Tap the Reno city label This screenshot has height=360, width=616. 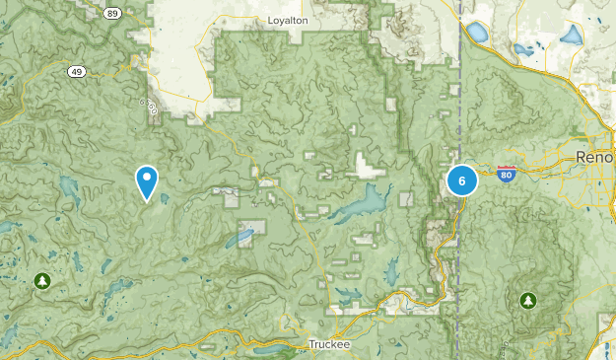pyautogui.click(x=595, y=158)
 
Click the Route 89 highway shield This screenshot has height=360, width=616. pyautogui.click(x=112, y=13)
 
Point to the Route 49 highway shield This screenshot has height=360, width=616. pyautogui.click(x=77, y=72)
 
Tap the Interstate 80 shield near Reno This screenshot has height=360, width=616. pyautogui.click(x=507, y=171)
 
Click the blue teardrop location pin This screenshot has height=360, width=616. pyautogui.click(x=147, y=181)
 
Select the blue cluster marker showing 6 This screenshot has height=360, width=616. pyautogui.click(x=461, y=180)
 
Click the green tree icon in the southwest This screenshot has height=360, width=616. pyautogui.click(x=41, y=282)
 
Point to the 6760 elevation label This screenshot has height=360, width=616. pyautogui.click(x=149, y=107)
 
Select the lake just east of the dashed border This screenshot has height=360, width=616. pyautogui.click(x=477, y=33)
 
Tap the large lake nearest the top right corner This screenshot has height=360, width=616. pyautogui.click(x=570, y=36)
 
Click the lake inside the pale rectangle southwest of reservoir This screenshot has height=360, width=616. pyautogui.click(x=242, y=237)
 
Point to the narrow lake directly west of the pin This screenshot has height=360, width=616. pyautogui.click(x=70, y=185)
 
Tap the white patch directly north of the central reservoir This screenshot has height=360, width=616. pyautogui.click(x=368, y=169)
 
